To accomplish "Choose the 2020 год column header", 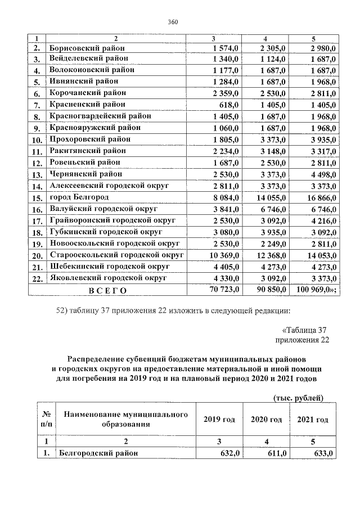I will [x=266, y=420].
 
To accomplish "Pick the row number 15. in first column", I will [x=38, y=199].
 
